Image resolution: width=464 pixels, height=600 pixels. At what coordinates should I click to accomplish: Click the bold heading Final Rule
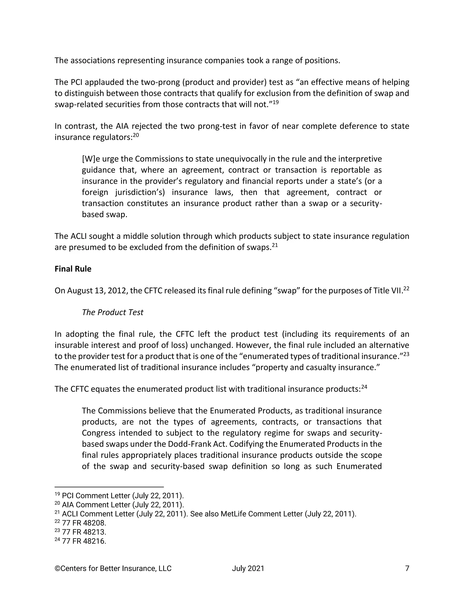point(73,269)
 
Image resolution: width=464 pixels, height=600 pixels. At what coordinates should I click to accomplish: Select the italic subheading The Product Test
point(112,312)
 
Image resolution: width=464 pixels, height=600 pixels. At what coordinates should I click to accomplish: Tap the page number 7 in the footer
point(407,568)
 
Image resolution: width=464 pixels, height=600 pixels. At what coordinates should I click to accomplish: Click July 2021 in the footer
point(248,568)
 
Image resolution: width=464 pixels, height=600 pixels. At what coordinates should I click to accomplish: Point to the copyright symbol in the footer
point(57,568)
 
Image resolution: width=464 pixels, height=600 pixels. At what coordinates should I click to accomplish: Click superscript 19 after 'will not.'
point(275,102)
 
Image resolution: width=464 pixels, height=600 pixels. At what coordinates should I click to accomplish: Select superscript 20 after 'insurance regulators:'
point(136,135)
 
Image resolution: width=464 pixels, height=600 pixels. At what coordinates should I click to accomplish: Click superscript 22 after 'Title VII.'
point(406,289)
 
